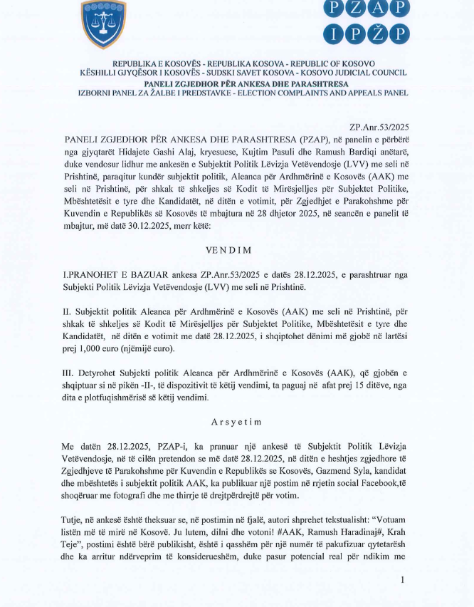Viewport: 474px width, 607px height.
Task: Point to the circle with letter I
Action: click(x=336, y=33)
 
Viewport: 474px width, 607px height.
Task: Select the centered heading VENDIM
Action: click(x=236, y=251)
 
